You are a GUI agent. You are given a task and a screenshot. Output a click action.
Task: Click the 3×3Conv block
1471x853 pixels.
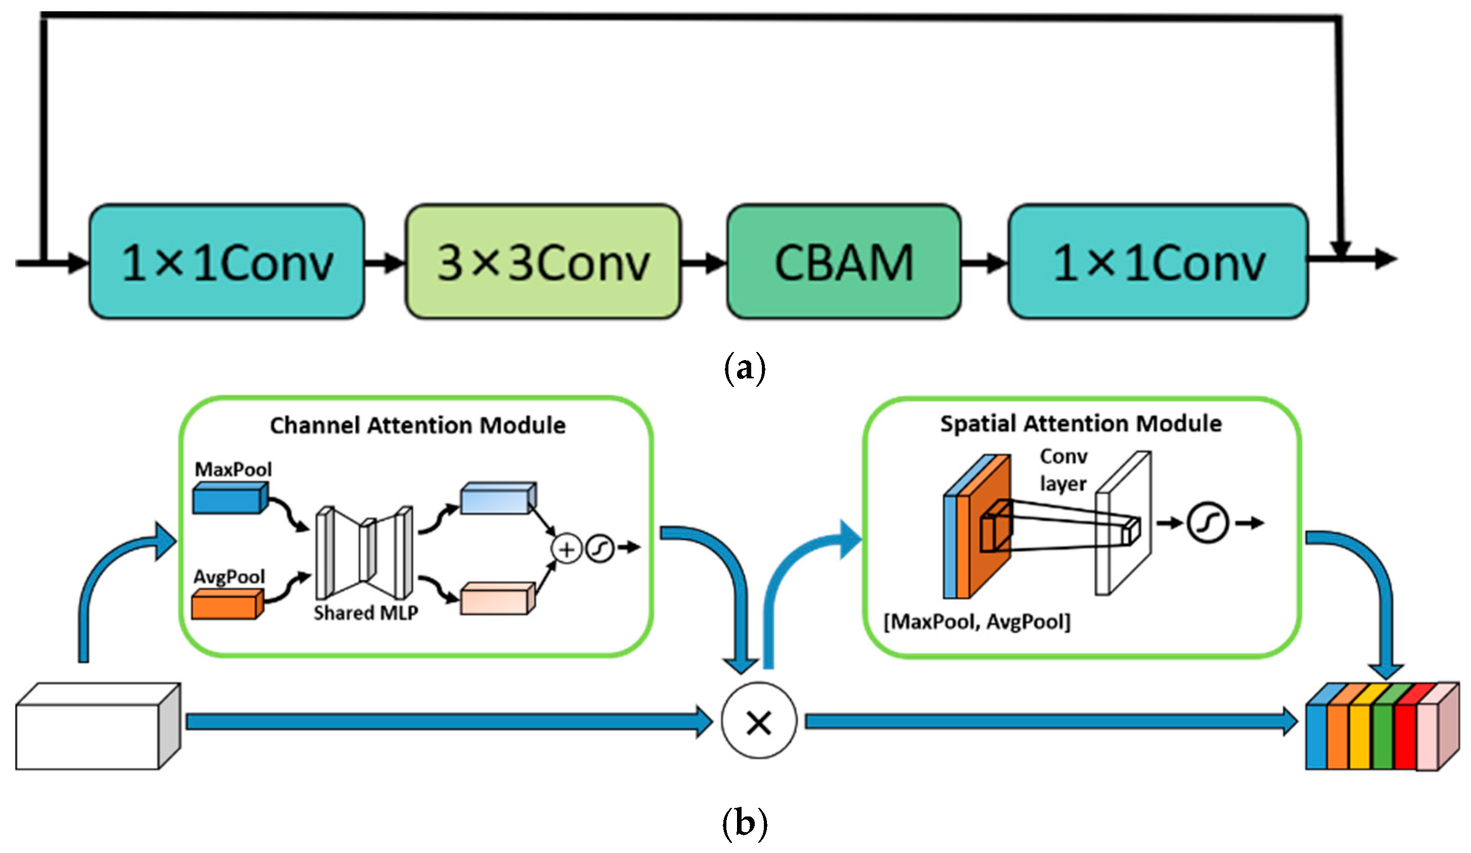click(543, 262)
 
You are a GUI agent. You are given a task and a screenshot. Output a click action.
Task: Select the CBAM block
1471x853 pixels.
click(843, 262)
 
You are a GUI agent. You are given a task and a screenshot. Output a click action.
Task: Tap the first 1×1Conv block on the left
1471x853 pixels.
click(227, 262)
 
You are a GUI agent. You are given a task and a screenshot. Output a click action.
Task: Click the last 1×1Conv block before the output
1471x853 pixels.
click(1158, 262)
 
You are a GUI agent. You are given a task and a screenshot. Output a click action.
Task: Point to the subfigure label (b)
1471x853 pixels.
click(744, 823)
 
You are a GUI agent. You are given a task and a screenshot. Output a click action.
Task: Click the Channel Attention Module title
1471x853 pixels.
click(417, 425)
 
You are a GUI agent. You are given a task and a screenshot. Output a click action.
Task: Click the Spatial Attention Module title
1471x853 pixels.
click(1081, 423)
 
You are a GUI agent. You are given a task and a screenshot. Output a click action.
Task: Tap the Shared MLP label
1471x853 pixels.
click(365, 613)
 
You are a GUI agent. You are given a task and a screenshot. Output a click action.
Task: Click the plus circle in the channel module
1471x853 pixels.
click(566, 549)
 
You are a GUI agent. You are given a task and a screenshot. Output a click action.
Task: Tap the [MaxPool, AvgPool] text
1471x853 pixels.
click(977, 622)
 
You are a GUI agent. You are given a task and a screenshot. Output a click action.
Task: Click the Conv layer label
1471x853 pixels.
click(1063, 470)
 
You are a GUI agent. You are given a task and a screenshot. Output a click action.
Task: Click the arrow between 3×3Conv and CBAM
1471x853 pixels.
click(704, 263)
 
